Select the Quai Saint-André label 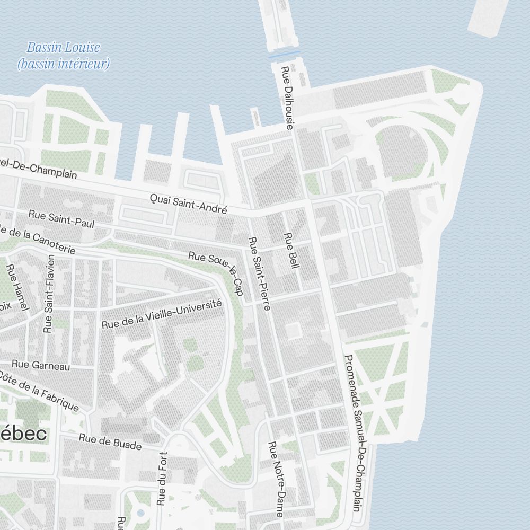[188, 204]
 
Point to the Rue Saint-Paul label [61, 219]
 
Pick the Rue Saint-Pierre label [260, 273]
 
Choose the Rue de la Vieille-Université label [161, 314]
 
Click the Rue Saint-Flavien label [49, 294]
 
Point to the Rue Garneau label [41, 365]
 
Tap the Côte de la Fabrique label [39, 390]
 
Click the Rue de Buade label [110, 441]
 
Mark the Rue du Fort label [162, 478]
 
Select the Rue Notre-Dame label [276, 479]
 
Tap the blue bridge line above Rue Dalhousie [284, 55]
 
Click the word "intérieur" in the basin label [78, 64]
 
